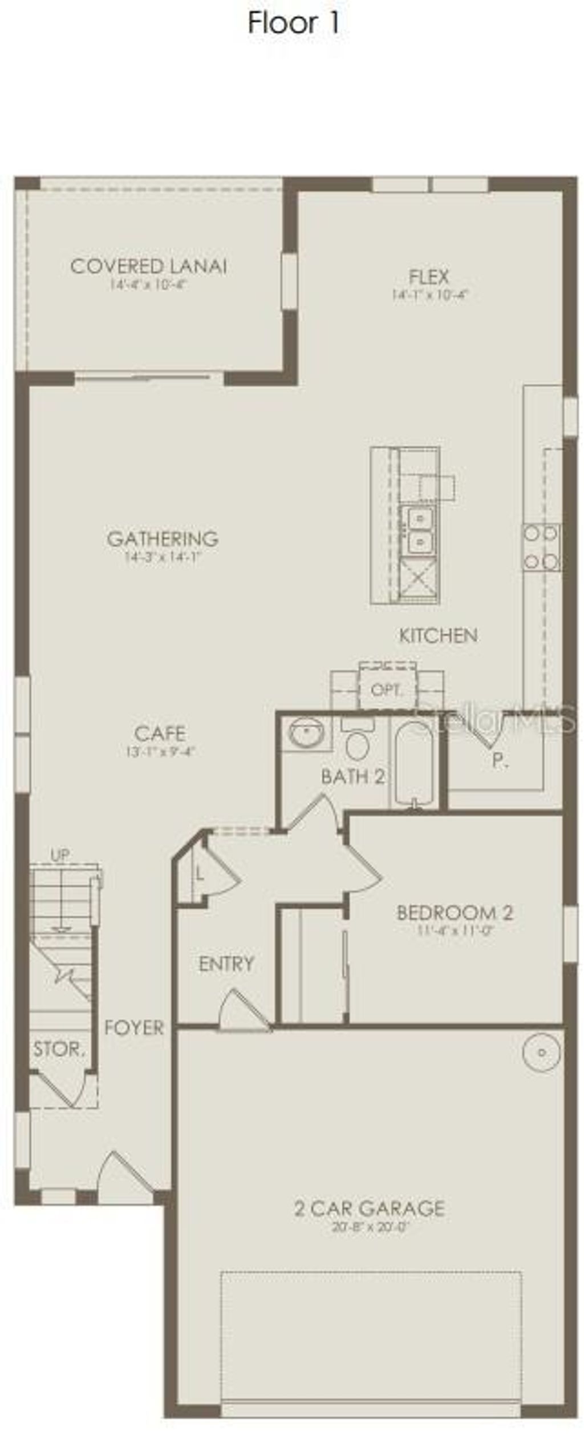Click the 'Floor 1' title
294,23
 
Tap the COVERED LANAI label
148,267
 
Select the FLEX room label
429,277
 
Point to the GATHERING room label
163,538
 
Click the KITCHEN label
438,635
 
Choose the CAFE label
160,733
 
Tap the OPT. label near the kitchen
386,690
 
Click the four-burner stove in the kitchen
541,547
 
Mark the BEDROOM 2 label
455,912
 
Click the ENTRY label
226,964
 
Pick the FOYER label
134,1027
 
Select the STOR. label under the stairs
59,1049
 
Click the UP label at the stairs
60,855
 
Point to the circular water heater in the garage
541,1052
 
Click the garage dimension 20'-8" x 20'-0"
371,1226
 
